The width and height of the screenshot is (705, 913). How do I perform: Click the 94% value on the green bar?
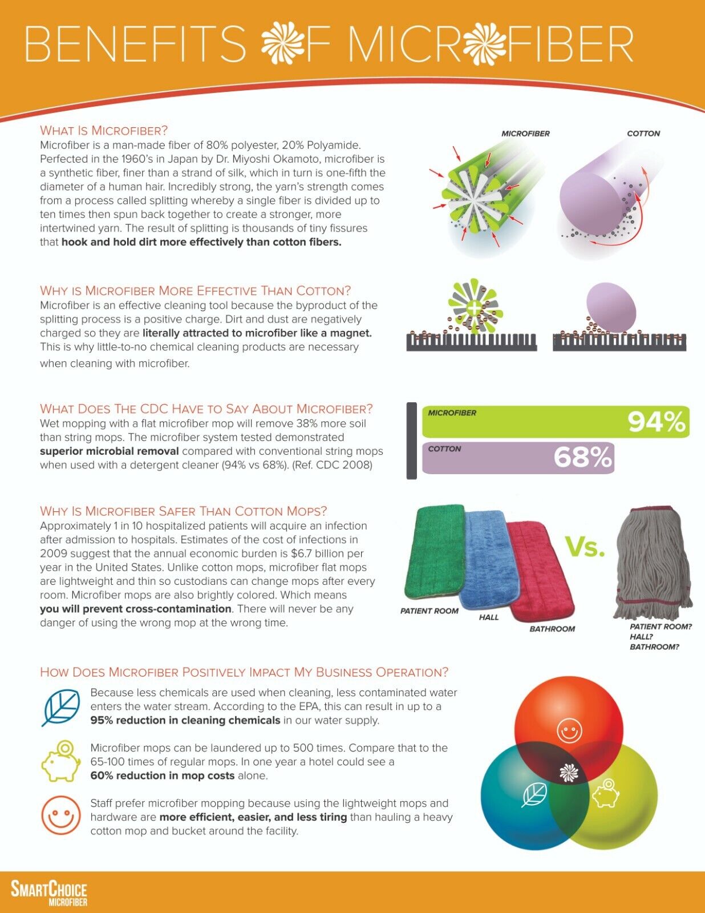(x=656, y=422)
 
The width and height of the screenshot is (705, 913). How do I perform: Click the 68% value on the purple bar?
(x=582, y=458)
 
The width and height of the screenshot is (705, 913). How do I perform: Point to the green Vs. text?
(x=585, y=547)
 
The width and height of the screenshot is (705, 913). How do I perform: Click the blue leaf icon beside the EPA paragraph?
(x=60, y=708)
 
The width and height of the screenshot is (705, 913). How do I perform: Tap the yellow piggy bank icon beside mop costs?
(x=60, y=761)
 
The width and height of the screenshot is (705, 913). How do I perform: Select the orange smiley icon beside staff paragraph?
(x=60, y=815)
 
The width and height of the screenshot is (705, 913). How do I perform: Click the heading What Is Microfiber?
(x=104, y=130)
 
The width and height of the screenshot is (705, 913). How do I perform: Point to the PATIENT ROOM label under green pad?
(x=429, y=611)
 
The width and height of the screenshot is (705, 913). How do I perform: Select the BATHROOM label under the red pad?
(x=552, y=629)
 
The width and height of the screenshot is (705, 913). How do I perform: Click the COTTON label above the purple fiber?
(x=643, y=134)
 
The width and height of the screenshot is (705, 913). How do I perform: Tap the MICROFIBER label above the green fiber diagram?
(x=525, y=134)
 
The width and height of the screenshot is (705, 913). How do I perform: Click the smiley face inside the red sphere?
(x=569, y=730)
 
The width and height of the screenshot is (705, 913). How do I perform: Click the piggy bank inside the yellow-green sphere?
(x=605, y=794)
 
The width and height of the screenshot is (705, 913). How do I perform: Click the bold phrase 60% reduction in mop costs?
(x=163, y=775)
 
